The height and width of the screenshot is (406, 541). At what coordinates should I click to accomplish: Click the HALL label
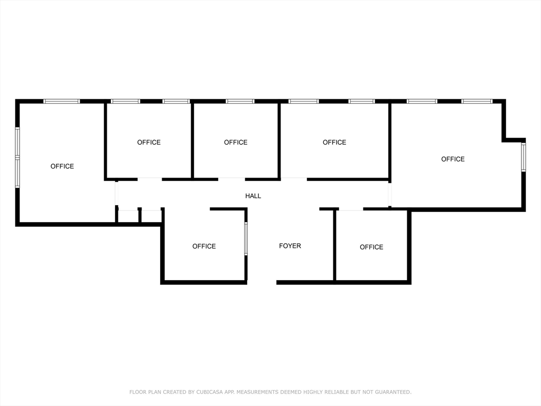253,196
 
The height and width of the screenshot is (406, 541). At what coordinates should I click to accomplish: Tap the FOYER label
290,246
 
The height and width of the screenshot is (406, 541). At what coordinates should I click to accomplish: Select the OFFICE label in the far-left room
62,167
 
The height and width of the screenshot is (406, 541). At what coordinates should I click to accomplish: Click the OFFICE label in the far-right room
453,159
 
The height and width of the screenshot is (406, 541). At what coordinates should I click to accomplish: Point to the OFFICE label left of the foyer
204,246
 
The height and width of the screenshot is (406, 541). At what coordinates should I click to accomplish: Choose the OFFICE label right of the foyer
371,247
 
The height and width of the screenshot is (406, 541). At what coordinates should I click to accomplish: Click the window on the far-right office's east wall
523,157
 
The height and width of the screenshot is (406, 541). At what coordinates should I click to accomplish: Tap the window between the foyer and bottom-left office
246,238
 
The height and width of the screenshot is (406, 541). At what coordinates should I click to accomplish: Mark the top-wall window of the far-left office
61,101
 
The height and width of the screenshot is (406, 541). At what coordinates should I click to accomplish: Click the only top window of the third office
240,101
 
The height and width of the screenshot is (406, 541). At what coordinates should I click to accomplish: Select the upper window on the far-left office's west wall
17,143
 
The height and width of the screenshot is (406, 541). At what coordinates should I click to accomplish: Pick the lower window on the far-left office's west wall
17,173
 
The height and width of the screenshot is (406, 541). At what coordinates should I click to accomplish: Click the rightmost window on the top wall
477,101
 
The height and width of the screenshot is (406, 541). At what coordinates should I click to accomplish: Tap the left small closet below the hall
128,216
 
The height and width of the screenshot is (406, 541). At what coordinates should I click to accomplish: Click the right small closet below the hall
152,216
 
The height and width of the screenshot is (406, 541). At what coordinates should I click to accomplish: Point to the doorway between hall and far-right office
390,195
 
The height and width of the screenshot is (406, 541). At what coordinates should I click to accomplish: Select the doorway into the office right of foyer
351,209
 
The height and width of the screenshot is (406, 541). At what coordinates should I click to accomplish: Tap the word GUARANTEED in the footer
391,392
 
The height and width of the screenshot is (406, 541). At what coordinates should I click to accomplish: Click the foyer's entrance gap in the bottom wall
262,282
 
